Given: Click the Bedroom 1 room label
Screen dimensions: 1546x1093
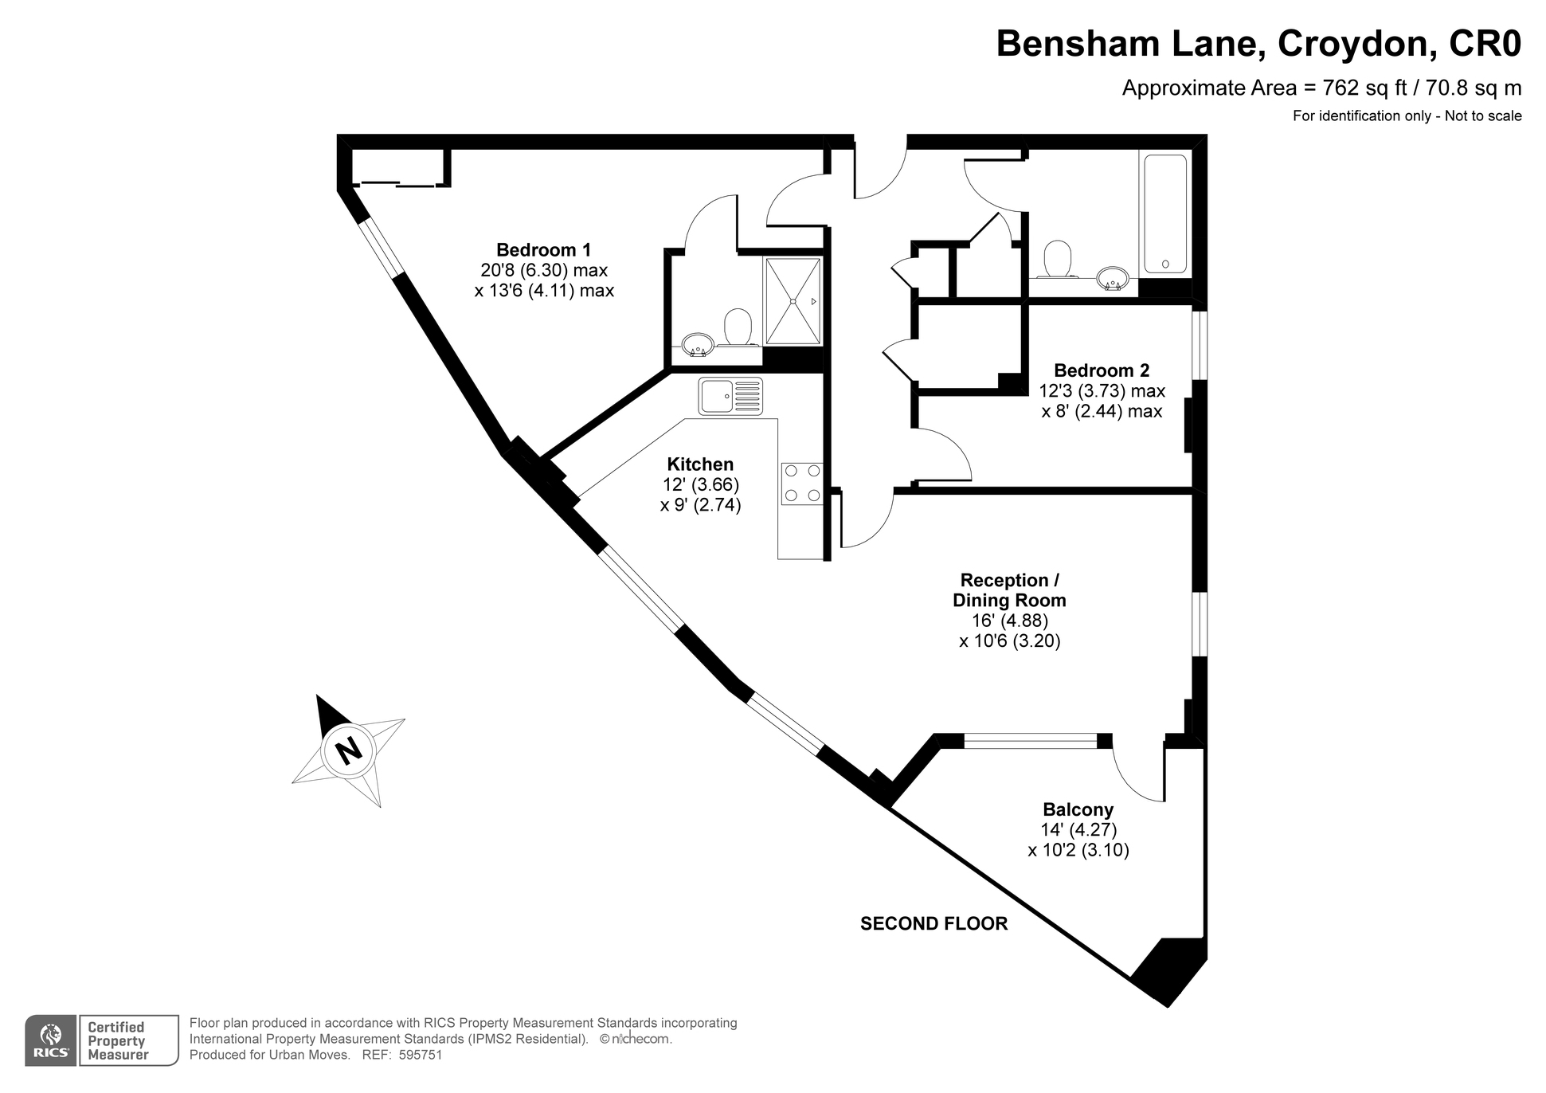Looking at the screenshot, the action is click(544, 249).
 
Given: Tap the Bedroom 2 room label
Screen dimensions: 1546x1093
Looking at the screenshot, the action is click(1102, 370).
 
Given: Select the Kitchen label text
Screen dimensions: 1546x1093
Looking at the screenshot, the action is click(700, 464).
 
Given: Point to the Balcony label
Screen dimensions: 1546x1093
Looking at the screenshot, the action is click(1078, 809).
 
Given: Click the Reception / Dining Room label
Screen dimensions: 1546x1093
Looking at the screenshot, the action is click(1009, 590).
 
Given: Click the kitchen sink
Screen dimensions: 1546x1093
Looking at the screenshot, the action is click(730, 396).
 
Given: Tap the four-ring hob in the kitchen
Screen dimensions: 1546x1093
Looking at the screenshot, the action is click(801, 483).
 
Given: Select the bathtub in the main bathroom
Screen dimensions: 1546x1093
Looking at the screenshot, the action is click(1165, 214).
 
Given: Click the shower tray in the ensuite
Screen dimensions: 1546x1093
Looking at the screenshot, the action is click(793, 301).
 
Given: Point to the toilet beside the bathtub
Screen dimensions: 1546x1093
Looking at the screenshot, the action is click(1058, 259).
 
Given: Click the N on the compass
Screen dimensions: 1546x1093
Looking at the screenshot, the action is click(347, 750).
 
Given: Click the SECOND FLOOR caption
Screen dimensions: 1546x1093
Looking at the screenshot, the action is click(934, 923).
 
